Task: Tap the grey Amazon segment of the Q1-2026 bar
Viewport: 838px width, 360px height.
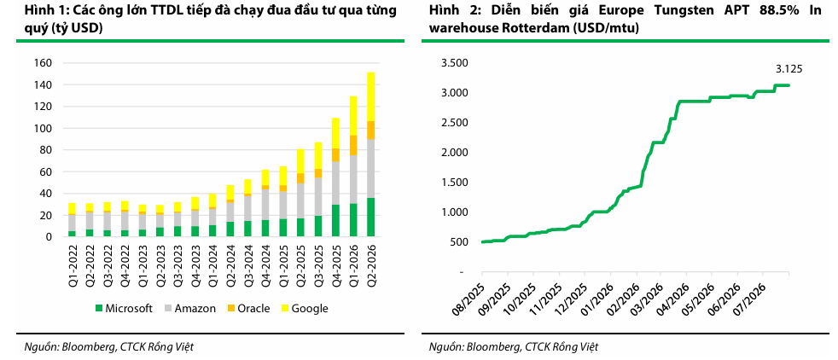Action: click(x=353, y=179)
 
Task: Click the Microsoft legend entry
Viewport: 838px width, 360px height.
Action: click(x=124, y=308)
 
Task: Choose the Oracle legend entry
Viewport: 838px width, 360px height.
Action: click(x=249, y=308)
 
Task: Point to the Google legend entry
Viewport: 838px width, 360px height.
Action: click(x=305, y=308)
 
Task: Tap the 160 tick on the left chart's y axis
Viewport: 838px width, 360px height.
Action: click(x=44, y=63)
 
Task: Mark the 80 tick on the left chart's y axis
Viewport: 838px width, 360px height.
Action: click(x=46, y=150)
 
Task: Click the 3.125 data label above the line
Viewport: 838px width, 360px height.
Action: click(x=789, y=69)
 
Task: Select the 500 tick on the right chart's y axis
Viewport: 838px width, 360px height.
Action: click(x=461, y=242)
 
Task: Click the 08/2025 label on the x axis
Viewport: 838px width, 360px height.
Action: click(x=469, y=292)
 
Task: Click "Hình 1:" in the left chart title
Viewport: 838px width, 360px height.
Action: click(x=38, y=10)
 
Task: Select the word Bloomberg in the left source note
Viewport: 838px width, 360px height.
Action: click(x=85, y=347)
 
